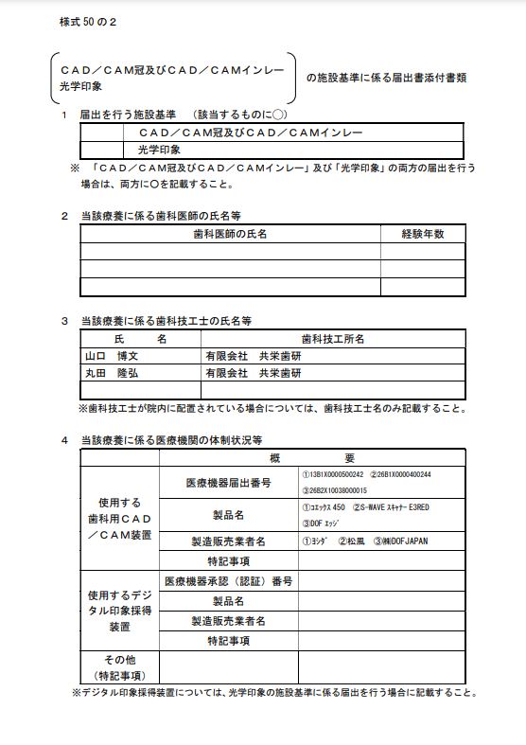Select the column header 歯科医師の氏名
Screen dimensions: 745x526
(230, 233)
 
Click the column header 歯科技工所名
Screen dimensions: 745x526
(333, 338)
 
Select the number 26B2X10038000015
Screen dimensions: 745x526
(334, 490)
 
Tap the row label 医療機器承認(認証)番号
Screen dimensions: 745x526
(228, 579)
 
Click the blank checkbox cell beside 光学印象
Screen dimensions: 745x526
(102, 150)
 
